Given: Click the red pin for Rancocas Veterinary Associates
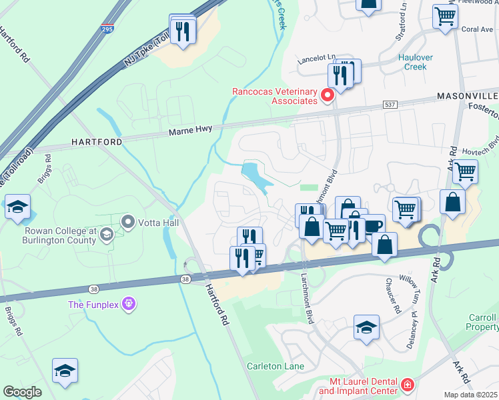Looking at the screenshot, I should pos(328,96).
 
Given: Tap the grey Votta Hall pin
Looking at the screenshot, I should pos(127,221).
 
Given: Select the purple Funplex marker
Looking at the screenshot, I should pos(128,305).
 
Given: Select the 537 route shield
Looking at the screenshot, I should pos(391,105).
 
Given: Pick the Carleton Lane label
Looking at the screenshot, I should pos(276,366).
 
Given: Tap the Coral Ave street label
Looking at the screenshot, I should pos(477,29).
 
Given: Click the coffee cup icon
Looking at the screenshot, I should pos(374,226).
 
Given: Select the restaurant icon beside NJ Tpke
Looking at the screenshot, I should pos(182,29).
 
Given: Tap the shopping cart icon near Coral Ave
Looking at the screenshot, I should pos(444,15).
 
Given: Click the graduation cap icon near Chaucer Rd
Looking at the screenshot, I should pos(366,327).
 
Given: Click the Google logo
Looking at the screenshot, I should pos(22,392).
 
